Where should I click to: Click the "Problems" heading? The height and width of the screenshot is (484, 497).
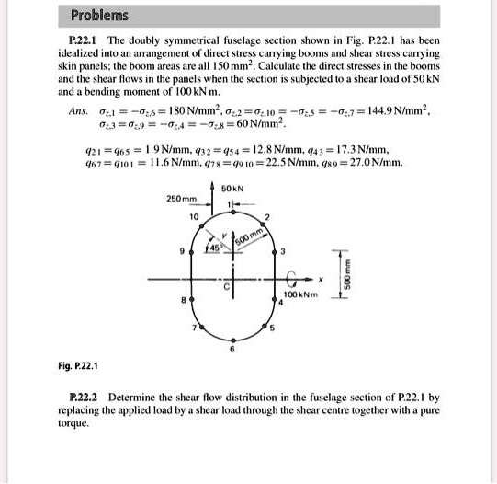pyautogui.click(x=100, y=16)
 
